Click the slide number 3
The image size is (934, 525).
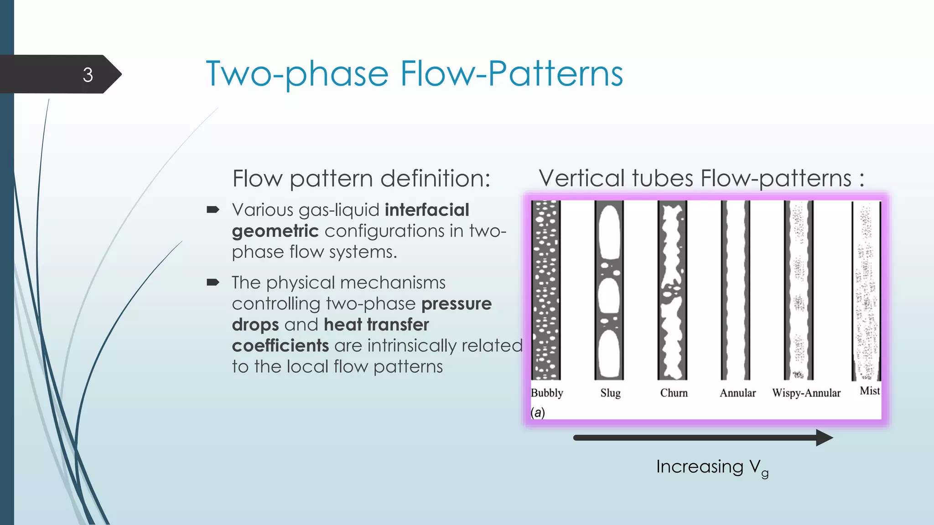[x=88, y=75]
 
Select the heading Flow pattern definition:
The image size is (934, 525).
[x=361, y=178]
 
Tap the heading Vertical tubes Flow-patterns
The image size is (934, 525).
[x=701, y=178]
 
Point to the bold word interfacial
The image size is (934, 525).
[x=427, y=210]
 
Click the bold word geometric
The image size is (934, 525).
[x=275, y=231]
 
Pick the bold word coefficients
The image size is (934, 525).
[x=280, y=345]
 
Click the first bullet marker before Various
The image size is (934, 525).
[x=213, y=210]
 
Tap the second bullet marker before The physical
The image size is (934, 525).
[x=213, y=283]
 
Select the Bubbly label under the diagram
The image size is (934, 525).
[x=547, y=393]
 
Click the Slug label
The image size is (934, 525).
[x=610, y=393]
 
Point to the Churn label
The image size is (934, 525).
[x=674, y=393]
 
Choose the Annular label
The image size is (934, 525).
[x=737, y=393]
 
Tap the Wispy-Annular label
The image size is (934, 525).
[x=806, y=393]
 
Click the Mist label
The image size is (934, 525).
[x=869, y=391]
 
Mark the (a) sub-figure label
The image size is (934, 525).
[x=538, y=412]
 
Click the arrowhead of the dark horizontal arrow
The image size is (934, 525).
[x=824, y=437]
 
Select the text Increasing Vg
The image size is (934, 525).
[x=712, y=467]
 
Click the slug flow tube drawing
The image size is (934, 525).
[x=609, y=290]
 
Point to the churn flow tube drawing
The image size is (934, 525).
[x=672, y=290]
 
